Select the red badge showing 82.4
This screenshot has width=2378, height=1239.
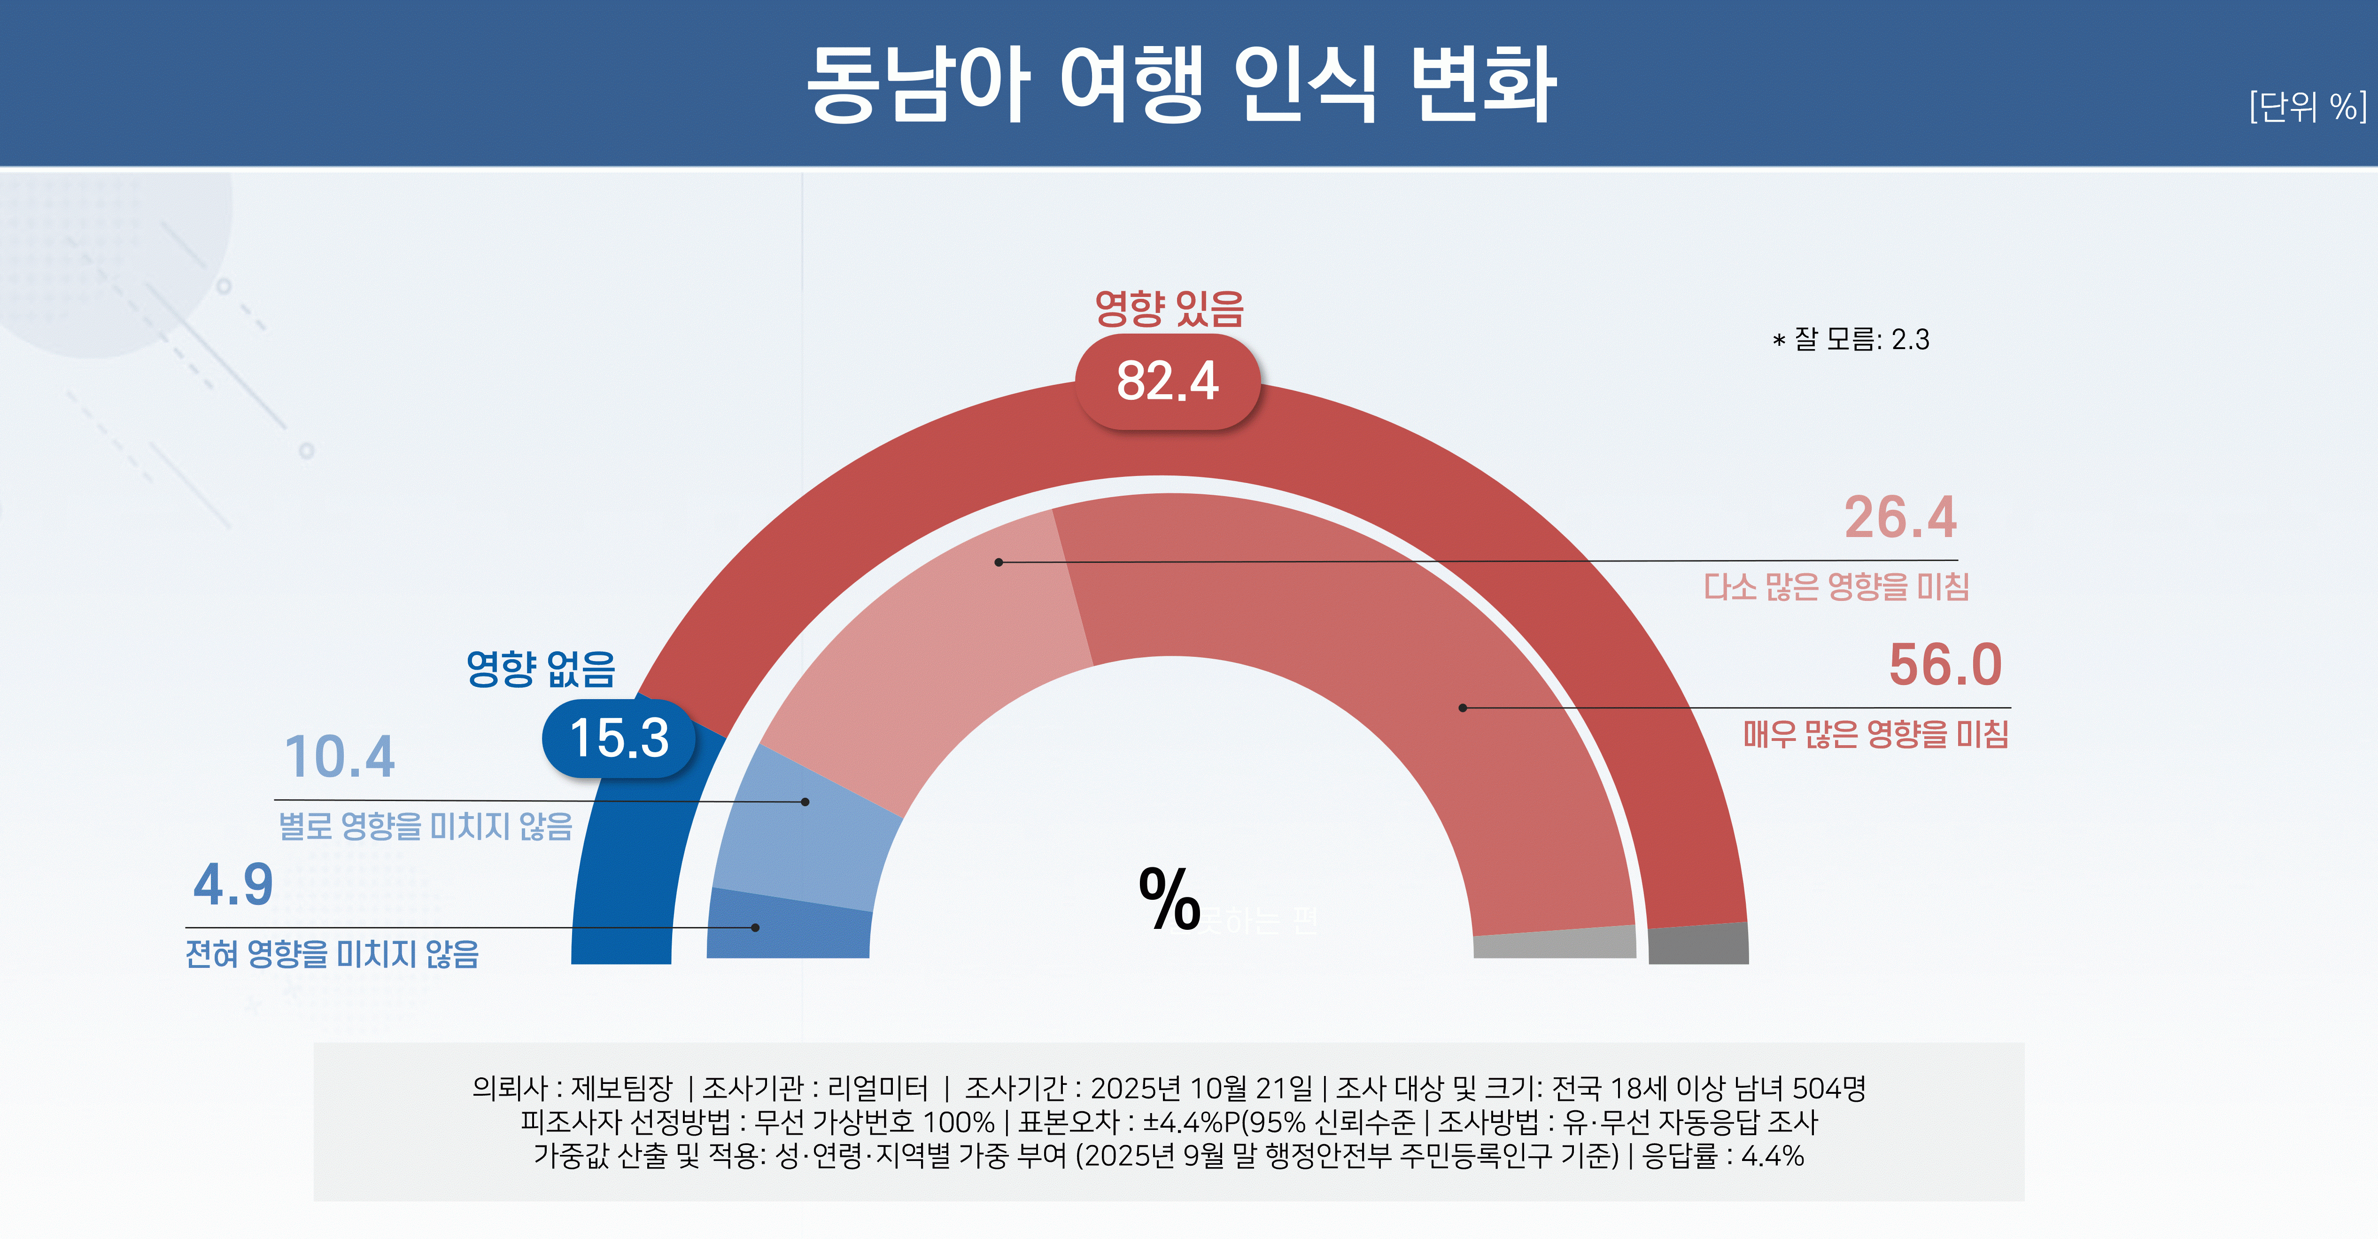pos(1168,382)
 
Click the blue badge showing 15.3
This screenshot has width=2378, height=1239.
pos(619,738)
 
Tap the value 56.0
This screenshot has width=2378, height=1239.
pos(1945,665)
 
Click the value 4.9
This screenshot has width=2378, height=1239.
pos(233,884)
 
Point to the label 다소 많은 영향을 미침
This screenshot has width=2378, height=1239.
pos(1836,586)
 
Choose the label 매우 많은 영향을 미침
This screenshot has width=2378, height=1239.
pos(1876,734)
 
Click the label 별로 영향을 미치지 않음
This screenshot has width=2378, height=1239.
pos(426,826)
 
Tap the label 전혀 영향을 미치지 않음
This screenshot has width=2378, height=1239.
pos(333,954)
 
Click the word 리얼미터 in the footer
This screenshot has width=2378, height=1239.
pos(877,1089)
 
